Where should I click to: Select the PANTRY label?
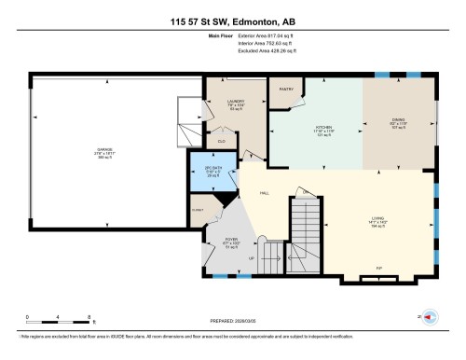[287, 90]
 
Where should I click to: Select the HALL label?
[265, 194]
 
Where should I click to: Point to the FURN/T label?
[199, 211]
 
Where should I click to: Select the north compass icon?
[431, 318]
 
